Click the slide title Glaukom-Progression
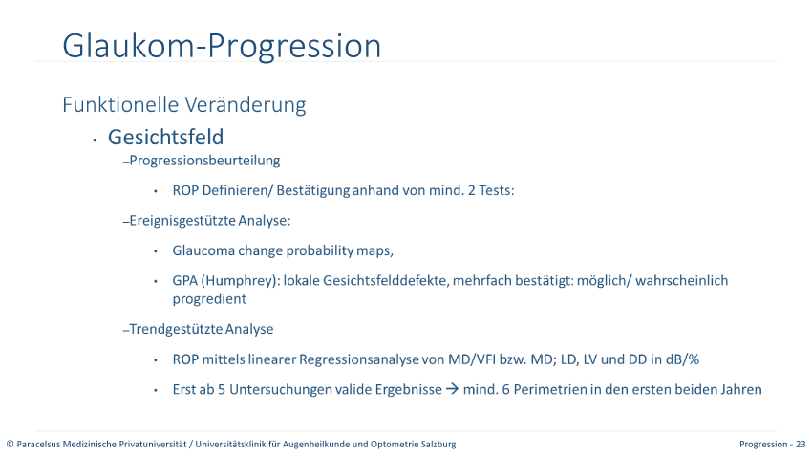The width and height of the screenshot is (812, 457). pos(222,47)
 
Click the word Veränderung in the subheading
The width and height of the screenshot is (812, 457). pos(246,104)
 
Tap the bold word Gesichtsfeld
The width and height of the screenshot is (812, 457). pos(165,138)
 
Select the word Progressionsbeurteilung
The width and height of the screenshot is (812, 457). pos(204,161)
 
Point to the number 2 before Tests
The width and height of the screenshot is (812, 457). pos(471,190)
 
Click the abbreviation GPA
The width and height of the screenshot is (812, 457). pos(185,281)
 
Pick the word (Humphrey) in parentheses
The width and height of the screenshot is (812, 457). pos(240,281)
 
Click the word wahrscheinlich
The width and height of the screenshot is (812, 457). pos(681,281)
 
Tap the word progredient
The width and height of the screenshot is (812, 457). pos(209,299)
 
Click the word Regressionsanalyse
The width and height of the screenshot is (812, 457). pos(359,359)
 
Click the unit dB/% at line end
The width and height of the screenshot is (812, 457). pos(682,359)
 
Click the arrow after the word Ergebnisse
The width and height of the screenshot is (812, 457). pos(452,389)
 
